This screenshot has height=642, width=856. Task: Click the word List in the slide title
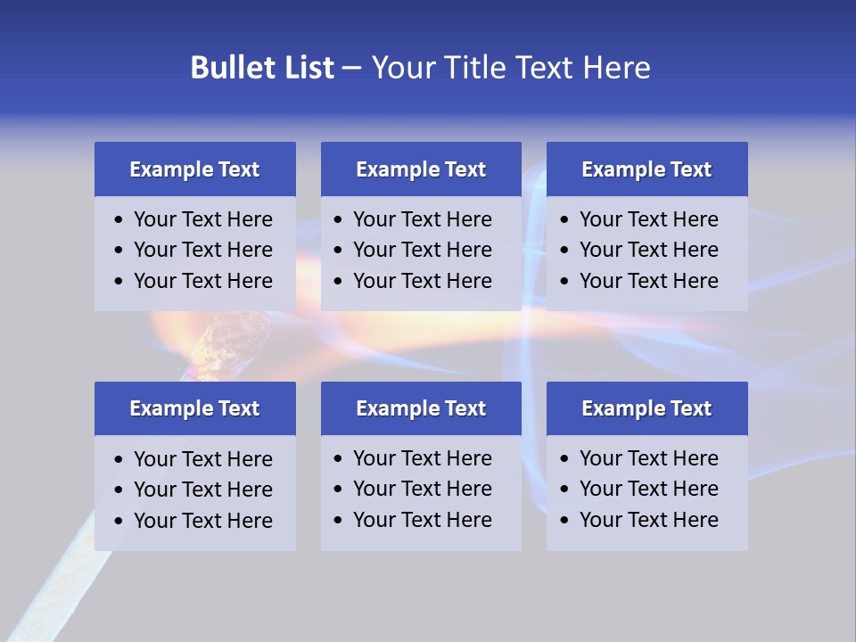point(306,68)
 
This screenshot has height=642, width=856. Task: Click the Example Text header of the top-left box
point(194,169)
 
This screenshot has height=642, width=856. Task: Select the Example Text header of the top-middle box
point(421,169)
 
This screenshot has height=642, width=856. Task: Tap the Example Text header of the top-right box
point(646,169)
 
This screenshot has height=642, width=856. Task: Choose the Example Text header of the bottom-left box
point(194,408)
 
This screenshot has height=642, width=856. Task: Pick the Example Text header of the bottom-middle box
point(421,408)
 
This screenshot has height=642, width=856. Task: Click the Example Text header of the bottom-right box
point(646,408)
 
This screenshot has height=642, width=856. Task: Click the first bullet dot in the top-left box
point(119,219)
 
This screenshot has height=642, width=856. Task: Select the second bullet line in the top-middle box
point(422,250)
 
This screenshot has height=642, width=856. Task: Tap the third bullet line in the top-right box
point(648,281)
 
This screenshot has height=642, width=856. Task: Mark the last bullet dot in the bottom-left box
point(119,521)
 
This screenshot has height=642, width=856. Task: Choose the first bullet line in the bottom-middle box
point(422,458)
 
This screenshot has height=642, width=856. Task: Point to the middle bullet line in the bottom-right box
point(648,489)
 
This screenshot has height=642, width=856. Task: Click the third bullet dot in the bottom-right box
point(565,520)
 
